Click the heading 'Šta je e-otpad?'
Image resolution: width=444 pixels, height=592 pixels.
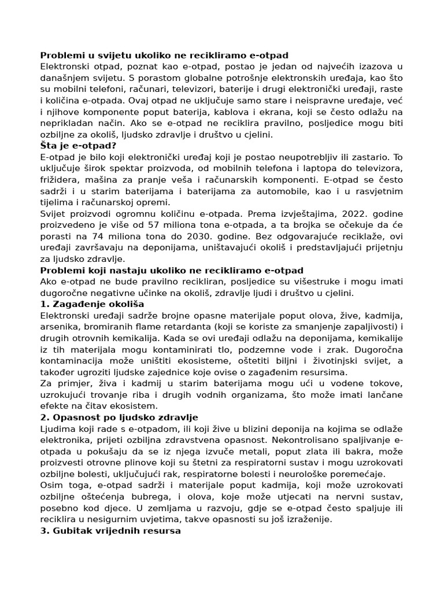click(x=78, y=146)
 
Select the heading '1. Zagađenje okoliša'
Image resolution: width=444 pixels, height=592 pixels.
click(x=92, y=304)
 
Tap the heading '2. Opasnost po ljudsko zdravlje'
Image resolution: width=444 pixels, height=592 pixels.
click(x=119, y=417)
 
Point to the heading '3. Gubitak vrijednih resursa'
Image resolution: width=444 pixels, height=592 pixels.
click(x=110, y=531)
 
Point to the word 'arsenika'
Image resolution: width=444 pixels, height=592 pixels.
click(x=60, y=327)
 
